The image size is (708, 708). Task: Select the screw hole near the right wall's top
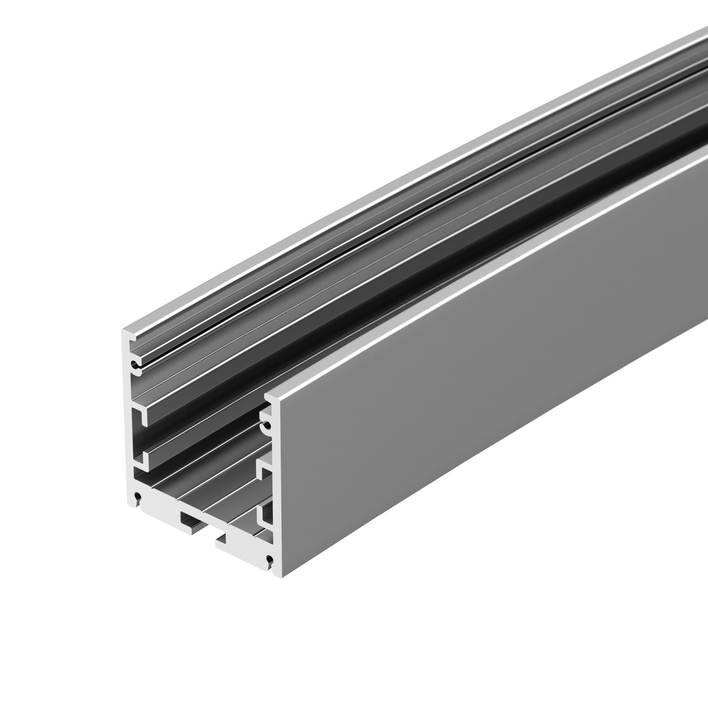click(268, 426)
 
